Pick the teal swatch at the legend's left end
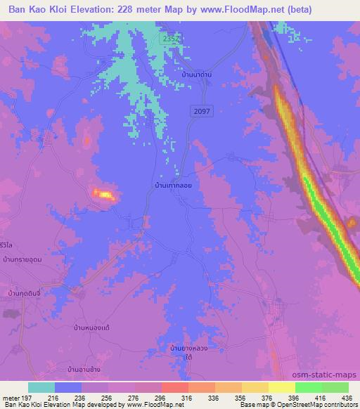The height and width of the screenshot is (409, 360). click(x=41, y=387)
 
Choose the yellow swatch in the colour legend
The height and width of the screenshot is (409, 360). click(x=281, y=387)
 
